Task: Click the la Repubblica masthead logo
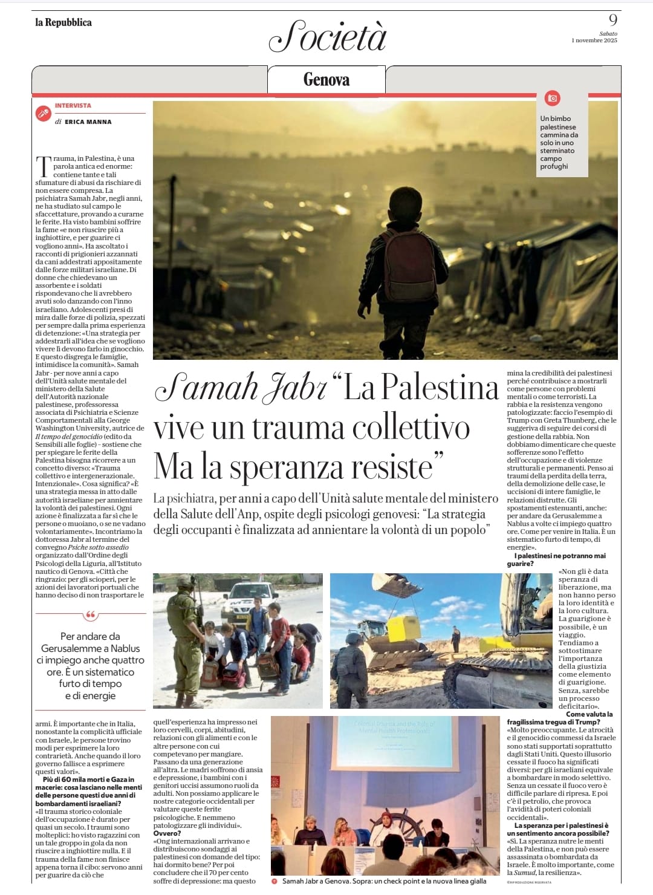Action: tap(63, 22)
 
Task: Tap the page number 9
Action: tap(612, 20)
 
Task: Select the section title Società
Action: tap(327, 36)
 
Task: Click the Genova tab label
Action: tap(326, 80)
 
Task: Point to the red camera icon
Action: tap(552, 98)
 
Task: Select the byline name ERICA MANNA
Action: tap(88, 122)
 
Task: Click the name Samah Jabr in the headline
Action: tap(241, 388)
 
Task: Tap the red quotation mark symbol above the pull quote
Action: tap(91, 616)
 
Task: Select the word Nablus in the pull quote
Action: tap(125, 648)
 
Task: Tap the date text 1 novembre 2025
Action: tap(594, 41)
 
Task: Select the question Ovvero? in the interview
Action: tap(167, 833)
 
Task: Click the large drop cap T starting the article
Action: tap(43, 166)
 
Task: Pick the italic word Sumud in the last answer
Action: tap(521, 873)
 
